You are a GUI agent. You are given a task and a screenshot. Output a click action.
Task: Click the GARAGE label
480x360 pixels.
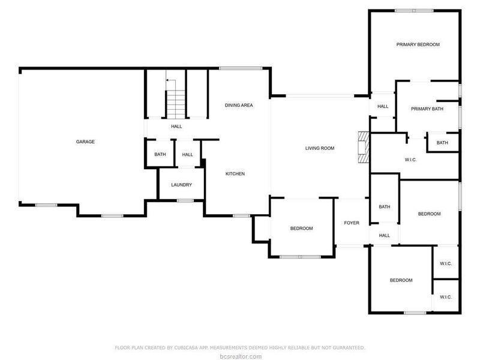(x=85, y=142)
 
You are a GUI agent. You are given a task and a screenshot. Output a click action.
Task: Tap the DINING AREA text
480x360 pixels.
(x=239, y=105)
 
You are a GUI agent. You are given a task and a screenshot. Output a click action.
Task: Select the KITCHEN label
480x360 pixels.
(x=235, y=174)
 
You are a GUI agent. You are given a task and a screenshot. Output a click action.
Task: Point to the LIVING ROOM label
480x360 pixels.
(x=320, y=148)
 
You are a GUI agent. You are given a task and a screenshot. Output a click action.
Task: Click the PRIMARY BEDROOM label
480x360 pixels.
(x=418, y=44)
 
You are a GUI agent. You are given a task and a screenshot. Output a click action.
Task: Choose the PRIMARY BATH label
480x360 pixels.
(x=427, y=109)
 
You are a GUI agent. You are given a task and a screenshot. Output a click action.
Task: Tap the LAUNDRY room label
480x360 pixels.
(x=181, y=185)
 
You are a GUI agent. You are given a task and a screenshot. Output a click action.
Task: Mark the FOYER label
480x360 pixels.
(x=352, y=223)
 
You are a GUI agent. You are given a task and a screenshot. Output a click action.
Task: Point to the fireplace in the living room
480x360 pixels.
(x=362, y=146)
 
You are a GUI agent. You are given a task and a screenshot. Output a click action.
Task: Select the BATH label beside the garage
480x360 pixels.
(x=160, y=155)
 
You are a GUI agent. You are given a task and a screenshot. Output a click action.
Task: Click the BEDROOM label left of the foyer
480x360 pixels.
(x=301, y=228)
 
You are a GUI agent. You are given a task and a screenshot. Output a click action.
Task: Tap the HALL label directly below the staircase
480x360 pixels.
(x=176, y=127)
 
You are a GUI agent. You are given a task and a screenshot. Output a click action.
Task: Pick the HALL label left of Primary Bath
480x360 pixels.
(x=383, y=107)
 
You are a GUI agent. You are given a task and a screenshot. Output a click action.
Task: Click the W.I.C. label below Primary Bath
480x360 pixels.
(x=411, y=160)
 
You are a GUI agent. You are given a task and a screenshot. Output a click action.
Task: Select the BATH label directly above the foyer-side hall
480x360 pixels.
(x=385, y=207)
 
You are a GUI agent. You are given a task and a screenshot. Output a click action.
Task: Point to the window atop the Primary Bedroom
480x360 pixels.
(x=414, y=10)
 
